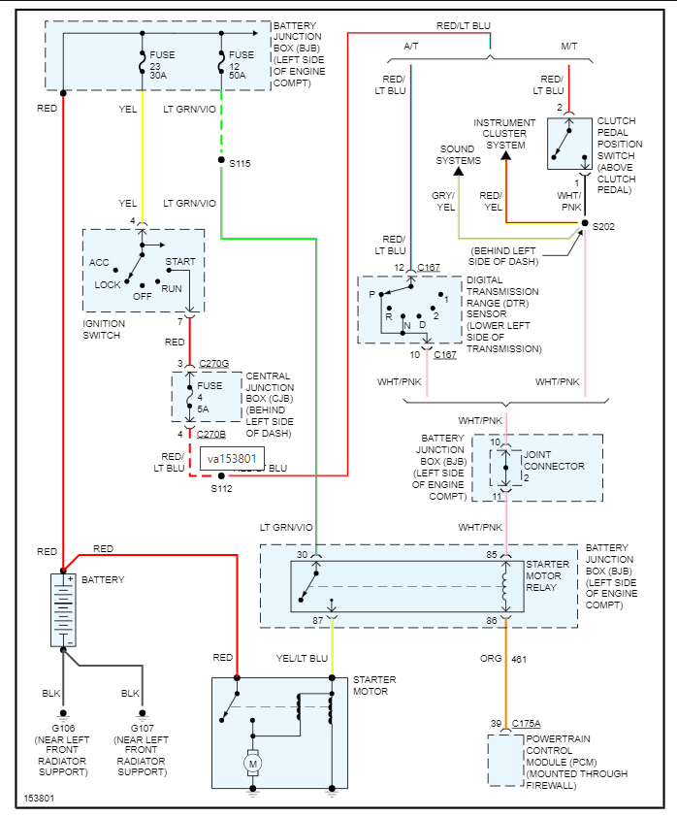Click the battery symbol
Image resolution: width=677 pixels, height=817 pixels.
64,610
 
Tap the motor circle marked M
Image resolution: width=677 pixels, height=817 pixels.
252,763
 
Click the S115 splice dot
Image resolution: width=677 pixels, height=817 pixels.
221,161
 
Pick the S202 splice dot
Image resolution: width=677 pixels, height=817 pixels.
584,224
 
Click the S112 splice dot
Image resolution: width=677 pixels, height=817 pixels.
221,476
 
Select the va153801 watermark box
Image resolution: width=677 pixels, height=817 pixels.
232,458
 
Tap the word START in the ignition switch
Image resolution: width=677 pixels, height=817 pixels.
180,262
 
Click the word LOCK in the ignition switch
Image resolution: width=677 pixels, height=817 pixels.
108,285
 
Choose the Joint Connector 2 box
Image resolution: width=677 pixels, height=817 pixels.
504,467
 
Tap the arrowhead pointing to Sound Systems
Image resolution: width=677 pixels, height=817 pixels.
460,171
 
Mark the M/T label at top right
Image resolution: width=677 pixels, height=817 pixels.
569,46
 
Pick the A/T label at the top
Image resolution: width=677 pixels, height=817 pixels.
412,46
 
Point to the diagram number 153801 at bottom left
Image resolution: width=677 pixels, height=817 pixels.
40,800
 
